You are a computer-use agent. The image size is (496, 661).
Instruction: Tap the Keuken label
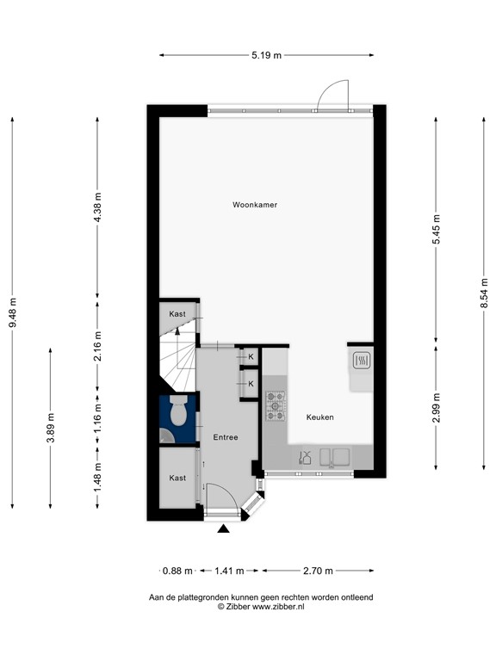[319, 417]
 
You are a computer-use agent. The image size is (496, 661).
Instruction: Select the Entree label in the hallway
[226, 437]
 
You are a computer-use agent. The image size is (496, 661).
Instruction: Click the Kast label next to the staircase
[177, 314]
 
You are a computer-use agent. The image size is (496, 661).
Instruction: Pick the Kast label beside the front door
[177, 478]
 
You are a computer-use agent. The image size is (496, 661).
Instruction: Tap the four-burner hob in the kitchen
[276, 406]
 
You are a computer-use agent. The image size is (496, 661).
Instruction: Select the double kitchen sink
[333, 457]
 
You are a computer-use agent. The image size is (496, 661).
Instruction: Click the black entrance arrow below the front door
[223, 529]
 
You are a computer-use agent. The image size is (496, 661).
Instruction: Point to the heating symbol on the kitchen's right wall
[361, 361]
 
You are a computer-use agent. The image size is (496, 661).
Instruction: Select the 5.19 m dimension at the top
[267, 55]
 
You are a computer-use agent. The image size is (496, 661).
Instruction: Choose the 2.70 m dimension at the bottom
[319, 571]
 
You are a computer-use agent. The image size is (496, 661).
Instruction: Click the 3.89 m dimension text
[51, 429]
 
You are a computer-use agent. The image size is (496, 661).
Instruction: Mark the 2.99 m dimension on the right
[437, 408]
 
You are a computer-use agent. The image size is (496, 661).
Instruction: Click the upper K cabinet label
[251, 356]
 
